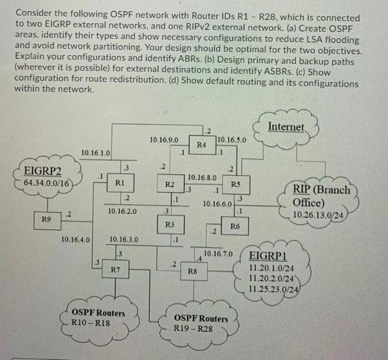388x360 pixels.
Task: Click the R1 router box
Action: [118, 182]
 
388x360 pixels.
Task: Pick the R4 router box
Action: [201, 145]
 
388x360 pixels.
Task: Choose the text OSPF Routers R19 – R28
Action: [201, 323]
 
